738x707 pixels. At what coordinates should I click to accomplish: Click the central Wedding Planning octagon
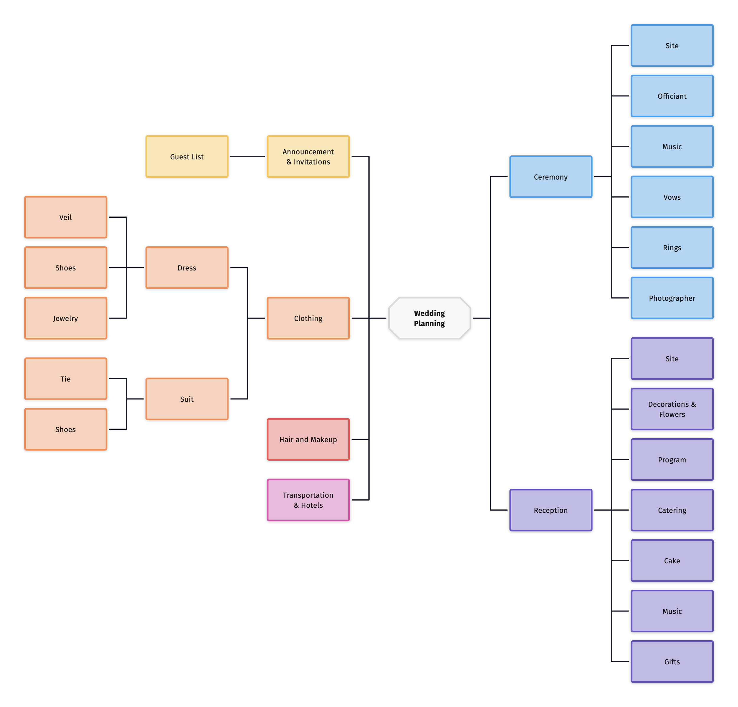[x=429, y=318]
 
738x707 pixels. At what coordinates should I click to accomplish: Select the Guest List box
[x=187, y=157]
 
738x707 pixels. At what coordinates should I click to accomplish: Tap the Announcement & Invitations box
[x=308, y=157]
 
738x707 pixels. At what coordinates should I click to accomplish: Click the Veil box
[x=66, y=217]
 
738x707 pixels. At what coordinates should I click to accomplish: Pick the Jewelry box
[x=66, y=318]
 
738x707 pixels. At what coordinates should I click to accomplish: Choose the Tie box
[x=66, y=378]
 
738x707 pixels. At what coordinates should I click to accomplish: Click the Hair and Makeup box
[x=308, y=439]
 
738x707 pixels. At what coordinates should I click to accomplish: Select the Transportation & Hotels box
[x=308, y=500]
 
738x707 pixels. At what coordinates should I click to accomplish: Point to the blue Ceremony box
[x=551, y=176]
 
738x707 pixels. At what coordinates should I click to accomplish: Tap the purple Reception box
[x=551, y=510]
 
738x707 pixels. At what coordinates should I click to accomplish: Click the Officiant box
[x=672, y=96]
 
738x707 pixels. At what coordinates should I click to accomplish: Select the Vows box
[x=672, y=197]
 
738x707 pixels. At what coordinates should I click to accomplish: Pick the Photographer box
[x=672, y=298]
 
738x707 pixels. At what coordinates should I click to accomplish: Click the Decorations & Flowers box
[x=672, y=409]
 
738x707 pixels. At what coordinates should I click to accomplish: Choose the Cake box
[x=672, y=560]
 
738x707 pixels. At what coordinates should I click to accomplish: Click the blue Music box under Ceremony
[x=672, y=146]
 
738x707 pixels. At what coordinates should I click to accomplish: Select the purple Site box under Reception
[x=672, y=359]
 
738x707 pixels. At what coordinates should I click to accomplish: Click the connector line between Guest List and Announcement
[x=247, y=157]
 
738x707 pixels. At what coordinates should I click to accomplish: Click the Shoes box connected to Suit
[x=66, y=429]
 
